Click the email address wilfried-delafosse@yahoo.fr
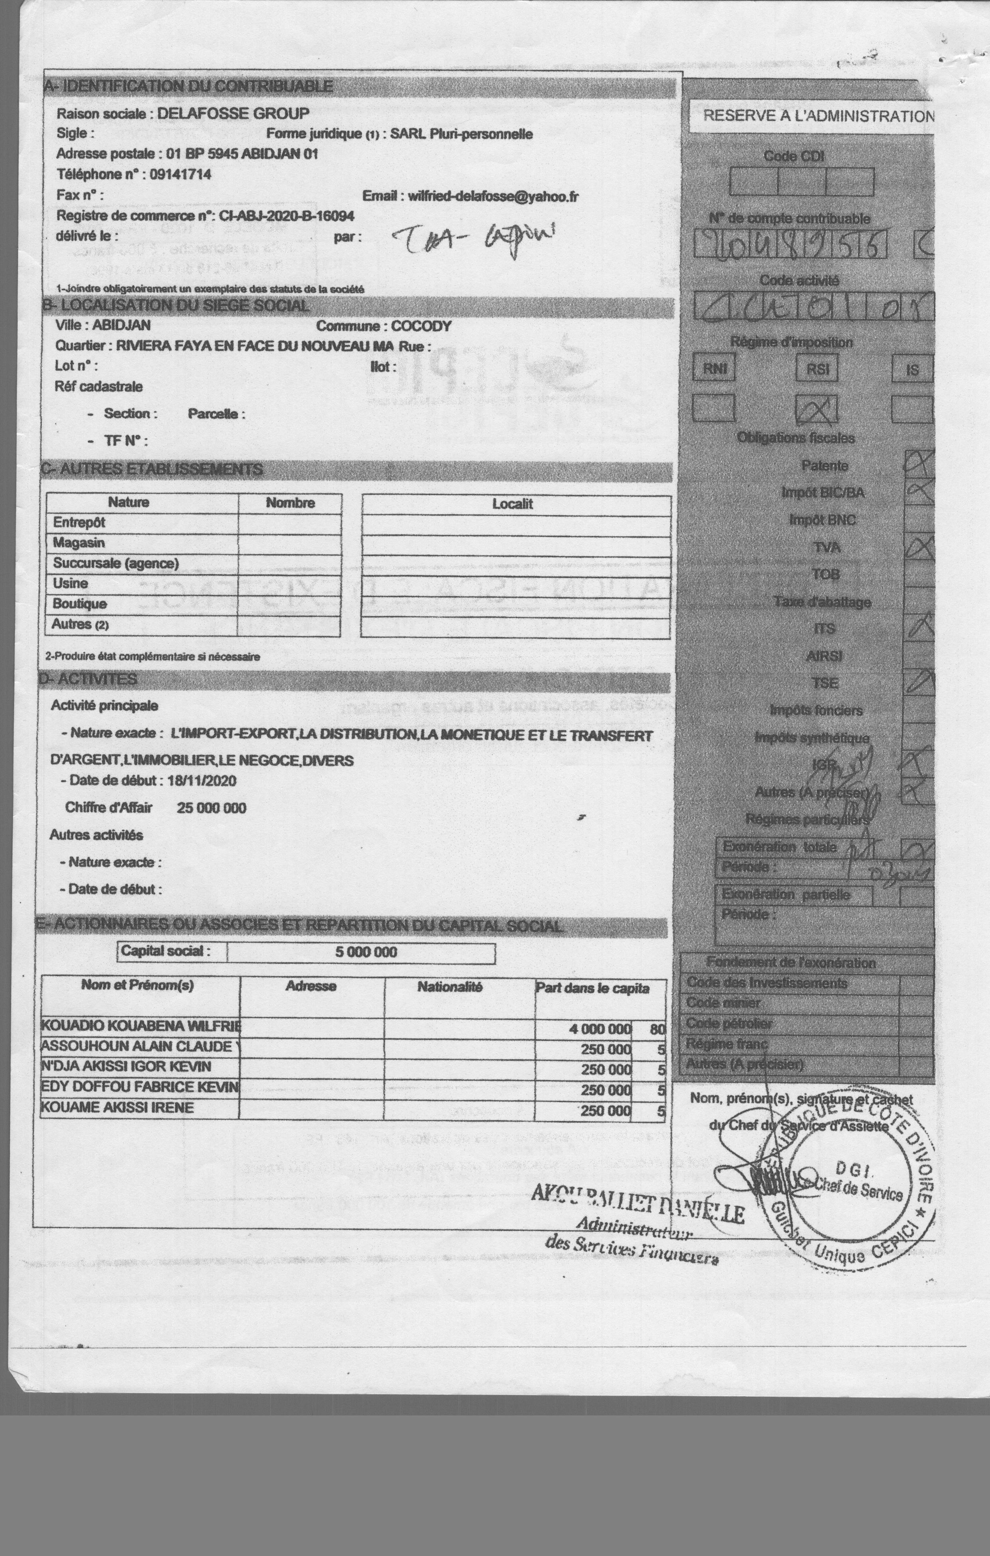493,196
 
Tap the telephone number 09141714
180,174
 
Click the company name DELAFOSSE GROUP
233,114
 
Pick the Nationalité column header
450,987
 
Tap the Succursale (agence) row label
116,563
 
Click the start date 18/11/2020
202,781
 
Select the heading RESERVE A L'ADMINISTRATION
818,116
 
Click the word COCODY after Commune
421,326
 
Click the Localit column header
513,504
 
